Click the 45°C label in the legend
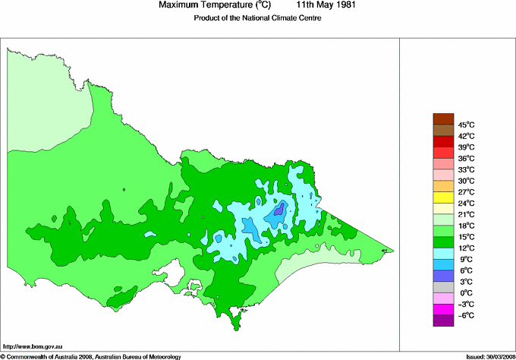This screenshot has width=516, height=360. tap(466, 125)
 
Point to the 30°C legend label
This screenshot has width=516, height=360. tap(466, 181)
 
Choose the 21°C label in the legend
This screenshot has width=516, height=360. tap(466, 214)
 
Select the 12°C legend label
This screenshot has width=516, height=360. tap(466, 248)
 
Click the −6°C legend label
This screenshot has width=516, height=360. tap(466, 315)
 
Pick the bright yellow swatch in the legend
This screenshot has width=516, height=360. tap(442, 197)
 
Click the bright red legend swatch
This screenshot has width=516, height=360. tap(442, 141)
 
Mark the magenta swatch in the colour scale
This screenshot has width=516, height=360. tap(442, 309)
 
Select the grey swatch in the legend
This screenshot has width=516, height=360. tap(442, 287)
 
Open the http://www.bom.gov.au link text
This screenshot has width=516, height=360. tap(31, 346)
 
